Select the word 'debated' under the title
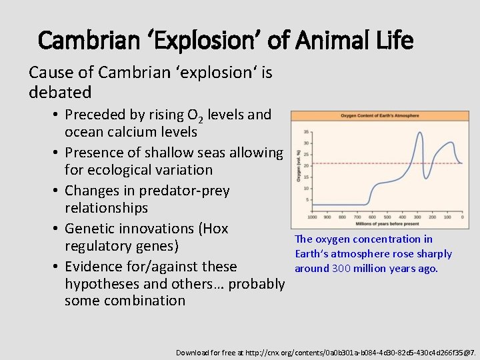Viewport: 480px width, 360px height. [60, 91]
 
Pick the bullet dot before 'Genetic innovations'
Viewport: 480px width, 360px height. [51, 229]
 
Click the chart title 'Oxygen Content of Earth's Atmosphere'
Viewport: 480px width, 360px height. [380, 116]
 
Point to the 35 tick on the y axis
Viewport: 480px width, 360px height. [305, 132]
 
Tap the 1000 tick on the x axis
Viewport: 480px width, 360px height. [312, 217]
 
